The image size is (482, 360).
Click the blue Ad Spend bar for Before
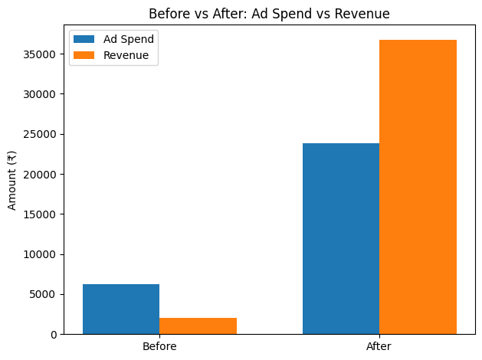[x=121, y=309]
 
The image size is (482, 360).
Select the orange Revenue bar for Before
[x=198, y=326]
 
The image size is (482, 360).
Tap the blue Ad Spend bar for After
[x=341, y=238]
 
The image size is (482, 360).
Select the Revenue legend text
[x=126, y=55]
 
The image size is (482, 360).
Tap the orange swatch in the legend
[x=85, y=55]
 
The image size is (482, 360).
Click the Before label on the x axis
[x=159, y=347]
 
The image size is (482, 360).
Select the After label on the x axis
[x=379, y=347]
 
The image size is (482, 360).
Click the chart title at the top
[x=269, y=13]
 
